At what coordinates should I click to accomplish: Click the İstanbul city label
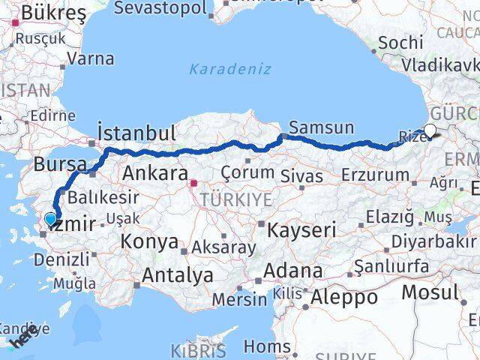[137, 133]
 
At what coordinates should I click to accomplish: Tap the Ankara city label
[155, 173]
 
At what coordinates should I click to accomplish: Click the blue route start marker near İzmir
[50, 219]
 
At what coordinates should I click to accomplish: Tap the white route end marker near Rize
[430, 132]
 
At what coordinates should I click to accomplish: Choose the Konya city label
[151, 242]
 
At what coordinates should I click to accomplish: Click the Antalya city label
[177, 276]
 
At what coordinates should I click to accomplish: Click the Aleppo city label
[346, 296]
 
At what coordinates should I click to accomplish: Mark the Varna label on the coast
[91, 58]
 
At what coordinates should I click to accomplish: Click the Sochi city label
[400, 43]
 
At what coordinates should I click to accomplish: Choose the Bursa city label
[57, 163]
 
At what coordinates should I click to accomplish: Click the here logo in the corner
[22, 339]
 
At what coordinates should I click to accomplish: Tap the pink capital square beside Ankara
[193, 182]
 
